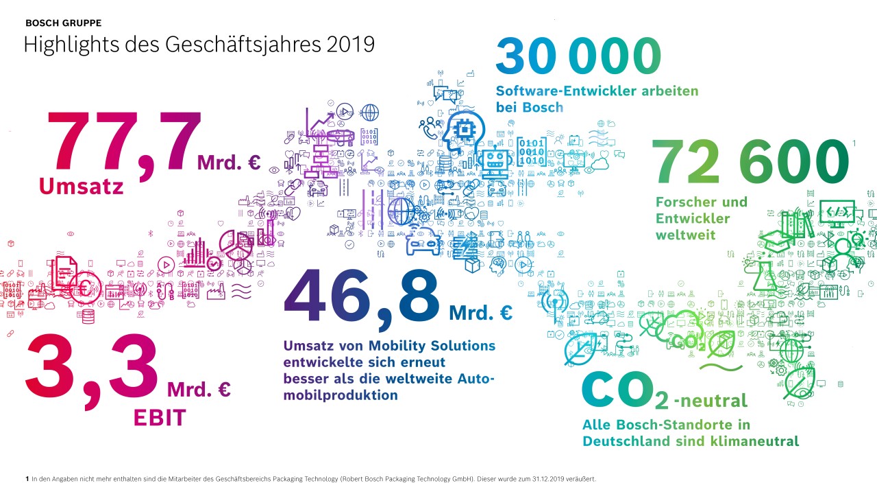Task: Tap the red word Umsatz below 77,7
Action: (x=82, y=186)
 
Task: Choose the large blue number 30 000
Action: (x=579, y=56)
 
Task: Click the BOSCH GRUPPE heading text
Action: (x=63, y=23)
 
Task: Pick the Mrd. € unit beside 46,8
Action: (x=480, y=314)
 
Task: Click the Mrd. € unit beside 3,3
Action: (x=199, y=390)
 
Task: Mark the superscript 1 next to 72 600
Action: (x=854, y=143)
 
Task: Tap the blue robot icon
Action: (x=494, y=163)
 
